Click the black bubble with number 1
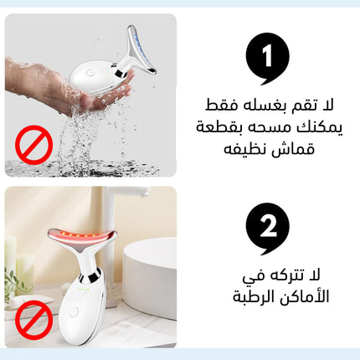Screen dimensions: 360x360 (267, 57)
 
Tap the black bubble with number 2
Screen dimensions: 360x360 (267, 228)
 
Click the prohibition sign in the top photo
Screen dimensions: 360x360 (33, 145)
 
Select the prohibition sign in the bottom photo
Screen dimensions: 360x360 (33, 320)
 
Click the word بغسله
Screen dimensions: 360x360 (267, 107)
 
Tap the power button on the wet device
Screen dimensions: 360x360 (90, 74)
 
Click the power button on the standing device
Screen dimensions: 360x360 (74, 312)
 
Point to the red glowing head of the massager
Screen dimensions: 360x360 (81, 236)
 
